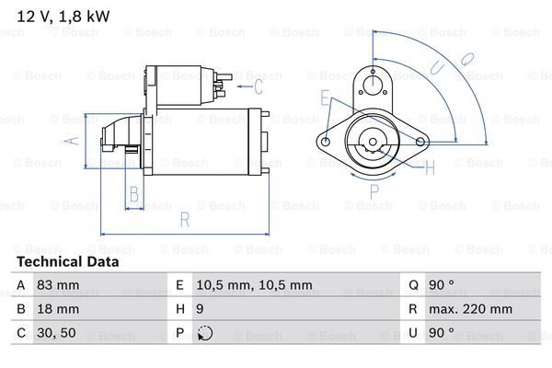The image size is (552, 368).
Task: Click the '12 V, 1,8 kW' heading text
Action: pyautogui.click(x=63, y=17)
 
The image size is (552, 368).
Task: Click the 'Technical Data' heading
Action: pyautogui.click(x=68, y=262)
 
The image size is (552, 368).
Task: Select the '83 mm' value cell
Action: pyautogui.click(x=58, y=285)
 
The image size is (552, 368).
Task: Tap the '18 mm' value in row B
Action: pyautogui.click(x=58, y=309)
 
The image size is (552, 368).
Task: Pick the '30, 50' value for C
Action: pyautogui.click(x=56, y=333)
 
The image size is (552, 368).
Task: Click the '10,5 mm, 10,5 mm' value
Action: pyautogui.click(x=254, y=285)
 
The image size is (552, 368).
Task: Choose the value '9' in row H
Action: pyautogui.click(x=200, y=309)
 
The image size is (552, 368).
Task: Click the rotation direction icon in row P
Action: pyautogui.click(x=205, y=333)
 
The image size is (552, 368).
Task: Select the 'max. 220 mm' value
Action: pyautogui.click(x=470, y=309)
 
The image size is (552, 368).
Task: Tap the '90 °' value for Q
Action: pyautogui.click(x=442, y=285)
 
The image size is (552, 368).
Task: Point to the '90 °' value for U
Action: pyautogui.click(x=442, y=333)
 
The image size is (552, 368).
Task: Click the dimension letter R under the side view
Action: pyautogui.click(x=185, y=220)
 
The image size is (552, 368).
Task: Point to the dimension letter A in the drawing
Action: pyautogui.click(x=72, y=141)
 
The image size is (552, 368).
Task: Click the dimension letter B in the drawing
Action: pyautogui.click(x=134, y=194)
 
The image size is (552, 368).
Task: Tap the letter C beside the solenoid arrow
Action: pyautogui.click(x=259, y=87)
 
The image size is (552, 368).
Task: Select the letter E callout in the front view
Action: pyautogui.click(x=325, y=98)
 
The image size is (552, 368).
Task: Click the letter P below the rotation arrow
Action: pyautogui.click(x=374, y=192)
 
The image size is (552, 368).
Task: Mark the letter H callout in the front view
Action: pyautogui.click(x=430, y=167)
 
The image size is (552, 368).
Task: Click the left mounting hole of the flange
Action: pyautogui.click(x=326, y=142)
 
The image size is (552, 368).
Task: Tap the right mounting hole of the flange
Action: pyautogui.click(x=420, y=142)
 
